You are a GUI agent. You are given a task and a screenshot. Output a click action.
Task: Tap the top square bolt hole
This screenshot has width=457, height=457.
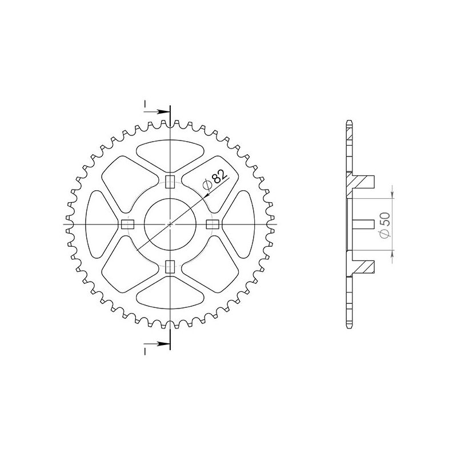click(x=170, y=182)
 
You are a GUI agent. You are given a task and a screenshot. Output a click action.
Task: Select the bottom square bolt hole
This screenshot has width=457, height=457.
click(x=170, y=266)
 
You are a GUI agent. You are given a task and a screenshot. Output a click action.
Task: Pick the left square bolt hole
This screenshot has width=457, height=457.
click(x=127, y=224)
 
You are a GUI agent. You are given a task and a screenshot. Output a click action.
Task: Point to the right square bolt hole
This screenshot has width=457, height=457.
click(x=212, y=224)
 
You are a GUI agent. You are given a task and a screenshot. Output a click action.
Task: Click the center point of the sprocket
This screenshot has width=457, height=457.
click(x=170, y=224)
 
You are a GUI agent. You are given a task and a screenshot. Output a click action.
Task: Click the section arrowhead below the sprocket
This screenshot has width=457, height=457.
click(x=165, y=344)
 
